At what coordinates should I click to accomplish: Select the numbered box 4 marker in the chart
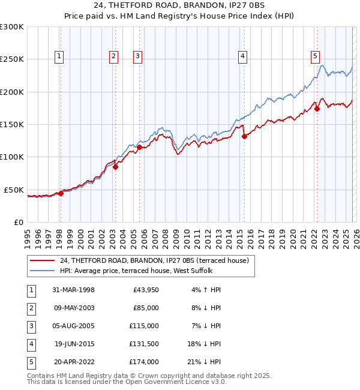(x=243, y=56)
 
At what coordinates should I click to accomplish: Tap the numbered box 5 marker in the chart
(x=315, y=56)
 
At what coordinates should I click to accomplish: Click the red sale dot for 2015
(x=244, y=136)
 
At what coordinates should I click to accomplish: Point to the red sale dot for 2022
(x=317, y=109)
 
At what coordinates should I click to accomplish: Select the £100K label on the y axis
(x=12, y=157)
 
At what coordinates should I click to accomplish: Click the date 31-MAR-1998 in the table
(x=73, y=290)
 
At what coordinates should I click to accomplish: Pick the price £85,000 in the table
(x=145, y=308)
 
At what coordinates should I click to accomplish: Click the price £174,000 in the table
(x=144, y=362)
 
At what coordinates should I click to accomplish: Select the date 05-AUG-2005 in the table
(x=73, y=326)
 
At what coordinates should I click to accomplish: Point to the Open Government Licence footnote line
(x=127, y=382)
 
